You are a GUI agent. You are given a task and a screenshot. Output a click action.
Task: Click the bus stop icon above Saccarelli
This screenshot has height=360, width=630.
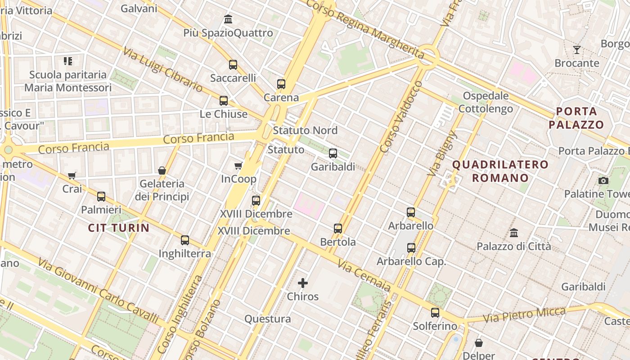click(233, 64)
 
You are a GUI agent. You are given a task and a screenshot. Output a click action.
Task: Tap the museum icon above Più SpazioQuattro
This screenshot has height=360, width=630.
click(228, 19)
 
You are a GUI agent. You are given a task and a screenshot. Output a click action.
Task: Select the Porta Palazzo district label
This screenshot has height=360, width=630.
click(576, 118)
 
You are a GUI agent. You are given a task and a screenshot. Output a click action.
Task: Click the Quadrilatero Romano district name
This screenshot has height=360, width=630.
click(500, 171)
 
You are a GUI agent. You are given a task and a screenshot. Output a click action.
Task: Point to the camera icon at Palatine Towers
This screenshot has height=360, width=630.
click(603, 181)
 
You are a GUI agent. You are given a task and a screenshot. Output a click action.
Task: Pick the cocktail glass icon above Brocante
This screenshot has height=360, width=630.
click(577, 49)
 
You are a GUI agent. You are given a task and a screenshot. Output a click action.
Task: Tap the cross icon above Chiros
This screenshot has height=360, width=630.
click(303, 283)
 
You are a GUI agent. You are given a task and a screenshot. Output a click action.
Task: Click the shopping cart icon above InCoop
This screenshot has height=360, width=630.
click(238, 166)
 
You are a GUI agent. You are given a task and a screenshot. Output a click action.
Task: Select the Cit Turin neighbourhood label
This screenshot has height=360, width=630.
click(119, 228)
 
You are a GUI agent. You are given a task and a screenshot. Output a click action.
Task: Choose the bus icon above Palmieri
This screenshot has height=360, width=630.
click(101, 196)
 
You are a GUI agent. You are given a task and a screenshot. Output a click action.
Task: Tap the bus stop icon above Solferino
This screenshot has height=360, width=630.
click(435, 312)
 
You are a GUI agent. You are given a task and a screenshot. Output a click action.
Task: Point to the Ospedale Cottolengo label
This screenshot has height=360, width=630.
click(486, 102)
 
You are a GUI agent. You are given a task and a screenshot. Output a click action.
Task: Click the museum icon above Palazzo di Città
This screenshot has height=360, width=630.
click(514, 233)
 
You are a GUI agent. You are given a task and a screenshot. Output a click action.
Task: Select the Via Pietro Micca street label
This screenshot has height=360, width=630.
click(524, 315)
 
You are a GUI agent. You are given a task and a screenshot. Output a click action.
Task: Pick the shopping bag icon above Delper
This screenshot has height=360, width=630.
click(479, 343)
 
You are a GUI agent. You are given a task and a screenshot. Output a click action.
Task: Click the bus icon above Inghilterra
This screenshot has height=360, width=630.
click(185, 240)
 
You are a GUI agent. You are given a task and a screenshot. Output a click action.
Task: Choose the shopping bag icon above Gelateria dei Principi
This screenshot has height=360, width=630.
click(162, 171)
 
